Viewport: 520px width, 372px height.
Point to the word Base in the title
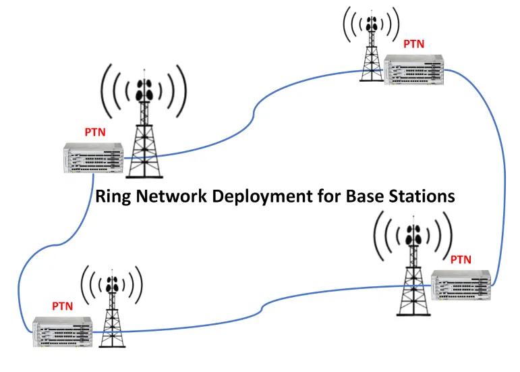[x=365, y=197]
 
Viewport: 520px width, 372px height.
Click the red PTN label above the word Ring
[x=94, y=132]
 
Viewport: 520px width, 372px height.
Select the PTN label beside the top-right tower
[x=413, y=44]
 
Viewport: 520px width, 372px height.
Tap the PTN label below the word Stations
[x=461, y=259]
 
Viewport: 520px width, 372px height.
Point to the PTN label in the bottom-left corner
[x=62, y=307]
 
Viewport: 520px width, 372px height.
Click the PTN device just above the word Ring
[x=94, y=158]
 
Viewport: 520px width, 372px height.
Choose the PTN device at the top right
[x=415, y=70]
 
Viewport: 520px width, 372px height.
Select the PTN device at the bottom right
[x=461, y=286]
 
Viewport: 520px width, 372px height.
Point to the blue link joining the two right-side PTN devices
[x=502, y=169]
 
